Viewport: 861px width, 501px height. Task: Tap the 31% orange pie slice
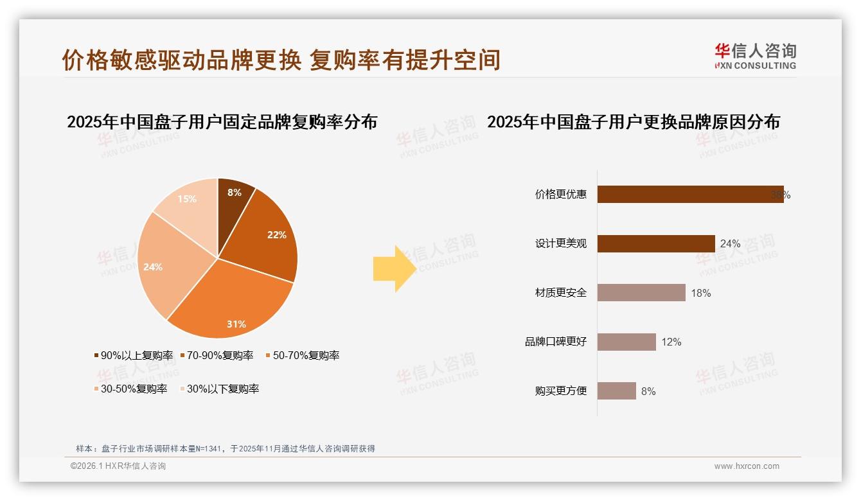click(x=231, y=302)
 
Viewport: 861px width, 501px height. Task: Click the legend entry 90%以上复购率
click(x=134, y=355)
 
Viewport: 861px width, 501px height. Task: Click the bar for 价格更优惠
click(x=690, y=195)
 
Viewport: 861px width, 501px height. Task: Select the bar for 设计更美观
click(x=656, y=243)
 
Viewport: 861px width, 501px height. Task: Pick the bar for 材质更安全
click(x=641, y=293)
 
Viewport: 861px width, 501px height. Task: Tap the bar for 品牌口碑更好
click(x=626, y=342)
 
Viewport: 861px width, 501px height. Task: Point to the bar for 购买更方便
click(x=617, y=391)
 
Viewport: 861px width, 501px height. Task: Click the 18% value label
click(x=701, y=293)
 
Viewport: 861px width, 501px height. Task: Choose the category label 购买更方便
click(x=561, y=391)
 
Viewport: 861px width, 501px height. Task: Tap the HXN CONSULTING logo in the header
click(x=755, y=57)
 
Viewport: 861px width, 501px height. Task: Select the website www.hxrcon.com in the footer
click(x=747, y=466)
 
